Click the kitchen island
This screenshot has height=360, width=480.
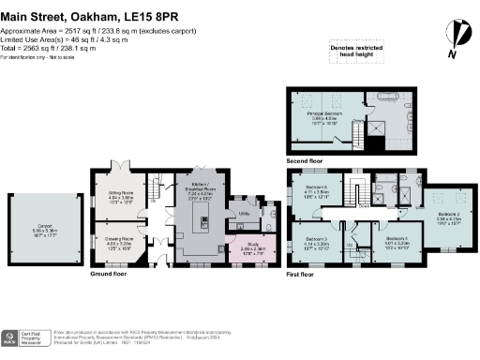click(x=200, y=222)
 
